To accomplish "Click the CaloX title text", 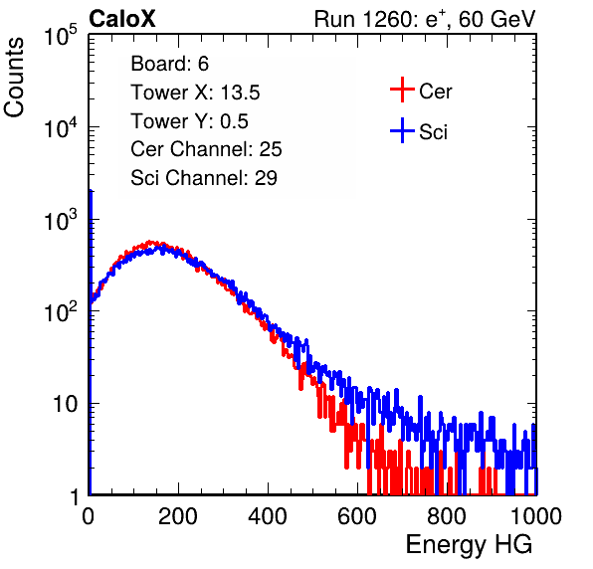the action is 122,19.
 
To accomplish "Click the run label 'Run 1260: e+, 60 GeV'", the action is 425,19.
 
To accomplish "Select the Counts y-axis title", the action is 14,78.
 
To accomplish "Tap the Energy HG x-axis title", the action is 469,545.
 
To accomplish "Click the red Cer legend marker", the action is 402,90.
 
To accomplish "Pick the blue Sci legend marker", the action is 402,130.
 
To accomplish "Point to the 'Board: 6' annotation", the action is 169,64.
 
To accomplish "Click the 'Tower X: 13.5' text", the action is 195,93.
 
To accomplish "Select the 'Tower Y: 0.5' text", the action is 189,121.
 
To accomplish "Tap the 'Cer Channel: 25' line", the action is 206,149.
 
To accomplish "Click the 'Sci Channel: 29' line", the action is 204,178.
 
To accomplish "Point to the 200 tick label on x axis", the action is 178,516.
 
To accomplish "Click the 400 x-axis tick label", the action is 268,516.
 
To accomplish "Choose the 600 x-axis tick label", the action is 357,516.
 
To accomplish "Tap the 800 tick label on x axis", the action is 447,516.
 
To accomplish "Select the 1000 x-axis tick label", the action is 536,516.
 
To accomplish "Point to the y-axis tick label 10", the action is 65,404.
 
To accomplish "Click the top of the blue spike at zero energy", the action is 91,191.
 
